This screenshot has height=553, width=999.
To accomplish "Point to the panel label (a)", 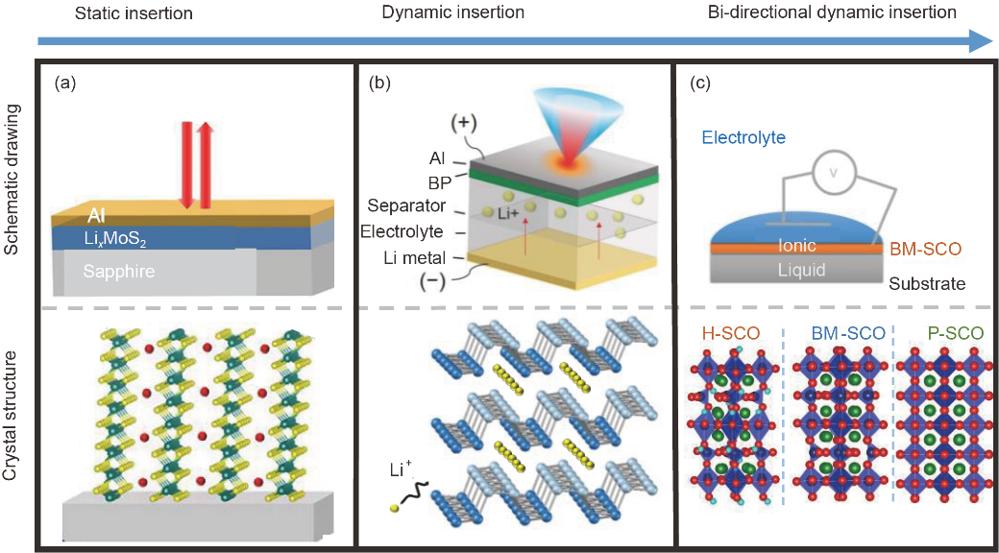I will click(66, 83).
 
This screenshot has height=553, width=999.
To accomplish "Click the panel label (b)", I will click(379, 83).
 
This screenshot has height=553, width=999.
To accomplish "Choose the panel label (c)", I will click(701, 83).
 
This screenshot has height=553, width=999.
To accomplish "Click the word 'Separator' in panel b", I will click(405, 206).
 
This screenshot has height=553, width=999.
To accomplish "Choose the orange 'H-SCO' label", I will click(731, 334).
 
